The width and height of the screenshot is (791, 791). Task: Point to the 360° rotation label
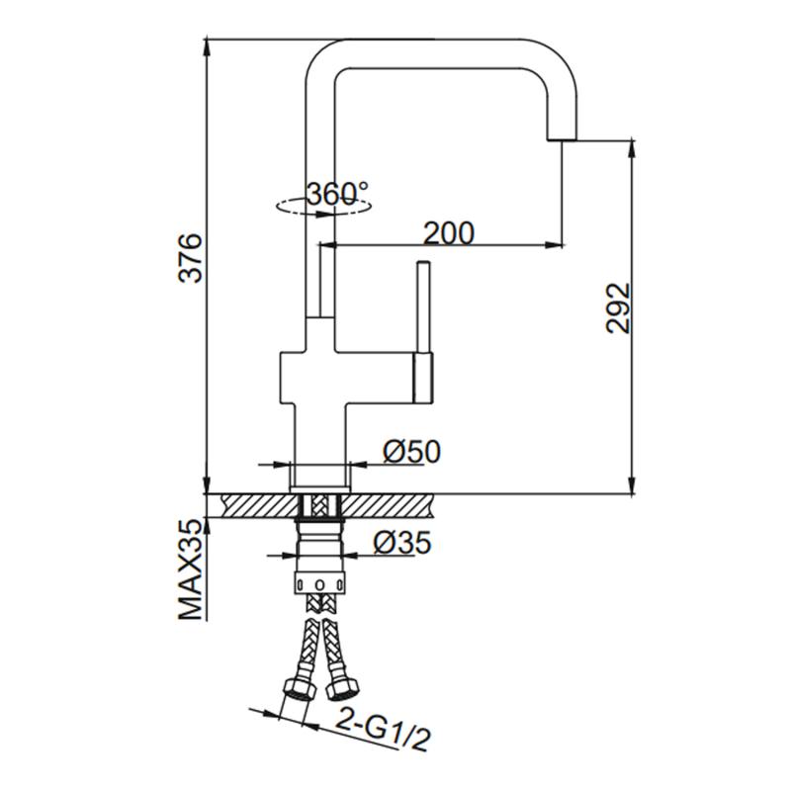click(337, 193)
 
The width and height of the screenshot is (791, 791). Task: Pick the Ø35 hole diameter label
click(402, 542)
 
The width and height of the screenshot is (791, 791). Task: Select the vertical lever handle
click(423, 307)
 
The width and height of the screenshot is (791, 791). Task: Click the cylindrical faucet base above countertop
click(319, 476)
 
